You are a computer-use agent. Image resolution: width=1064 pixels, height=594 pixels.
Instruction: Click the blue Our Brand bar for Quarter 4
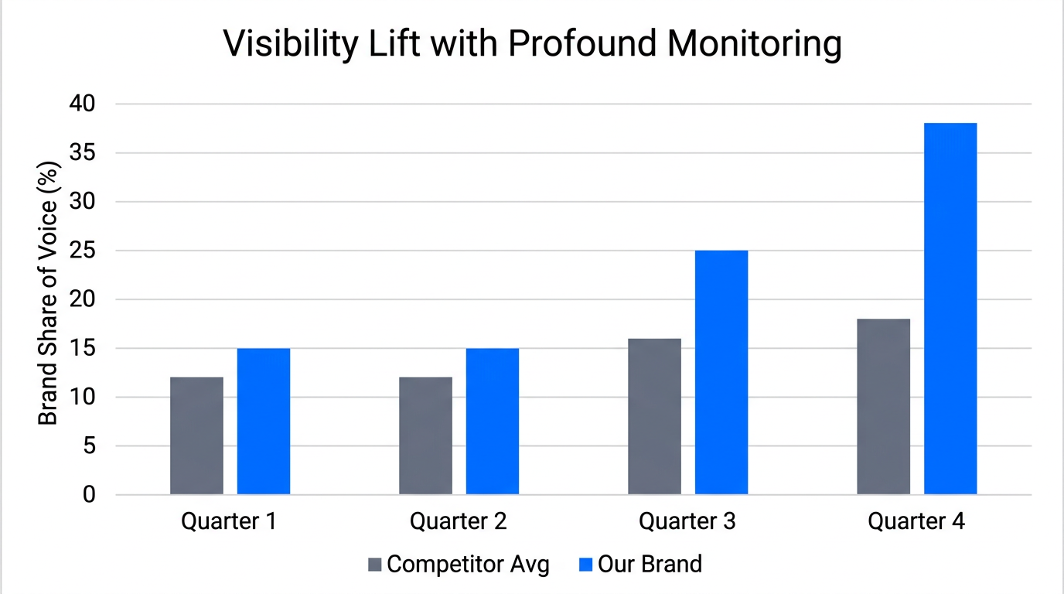tap(950, 309)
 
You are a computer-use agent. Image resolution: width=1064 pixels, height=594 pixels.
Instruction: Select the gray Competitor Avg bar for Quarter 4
tap(883, 407)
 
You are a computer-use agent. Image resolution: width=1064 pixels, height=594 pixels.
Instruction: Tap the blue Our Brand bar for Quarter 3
tap(721, 372)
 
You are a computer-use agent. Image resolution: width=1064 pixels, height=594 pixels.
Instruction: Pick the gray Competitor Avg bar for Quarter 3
tap(654, 416)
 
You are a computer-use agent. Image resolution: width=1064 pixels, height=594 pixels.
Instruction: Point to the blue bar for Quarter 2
tap(492, 422)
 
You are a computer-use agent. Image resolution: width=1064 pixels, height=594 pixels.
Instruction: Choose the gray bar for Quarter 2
tap(425, 435)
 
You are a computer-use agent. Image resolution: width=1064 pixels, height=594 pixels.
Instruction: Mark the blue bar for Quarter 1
tap(263, 422)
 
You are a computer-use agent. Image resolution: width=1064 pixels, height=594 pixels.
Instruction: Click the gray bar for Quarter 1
tap(196, 435)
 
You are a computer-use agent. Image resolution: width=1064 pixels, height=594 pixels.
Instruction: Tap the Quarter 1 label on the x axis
tap(229, 521)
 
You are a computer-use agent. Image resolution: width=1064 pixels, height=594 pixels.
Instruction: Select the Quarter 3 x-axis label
tap(687, 521)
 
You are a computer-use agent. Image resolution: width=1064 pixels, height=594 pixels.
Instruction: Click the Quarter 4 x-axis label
tap(916, 521)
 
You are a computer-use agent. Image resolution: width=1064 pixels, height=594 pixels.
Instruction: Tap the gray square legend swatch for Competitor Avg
tap(375, 565)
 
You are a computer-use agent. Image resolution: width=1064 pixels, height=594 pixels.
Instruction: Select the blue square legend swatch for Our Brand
tap(586, 565)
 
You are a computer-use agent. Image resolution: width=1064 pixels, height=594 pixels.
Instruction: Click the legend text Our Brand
tap(650, 564)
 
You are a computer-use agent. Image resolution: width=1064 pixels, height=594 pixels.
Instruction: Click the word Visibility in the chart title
tap(291, 45)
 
